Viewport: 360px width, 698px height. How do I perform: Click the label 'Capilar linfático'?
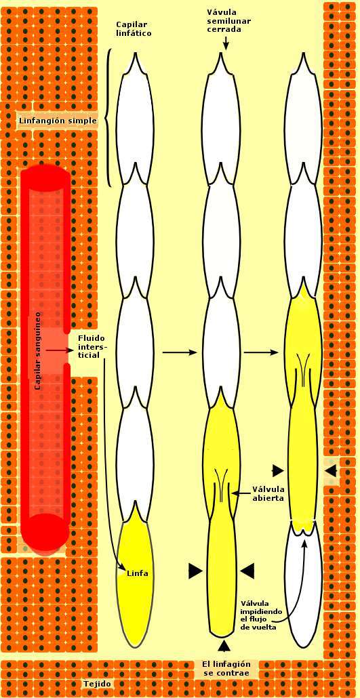click(134, 28)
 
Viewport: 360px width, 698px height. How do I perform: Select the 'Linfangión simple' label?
click(58, 120)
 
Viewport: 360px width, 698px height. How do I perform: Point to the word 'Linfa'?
click(137, 573)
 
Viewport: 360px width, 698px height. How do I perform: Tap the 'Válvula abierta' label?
click(268, 493)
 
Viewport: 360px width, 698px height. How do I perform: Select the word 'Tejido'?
click(98, 684)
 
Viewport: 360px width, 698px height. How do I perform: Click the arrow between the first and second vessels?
click(180, 352)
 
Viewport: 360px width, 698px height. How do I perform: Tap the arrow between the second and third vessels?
click(262, 352)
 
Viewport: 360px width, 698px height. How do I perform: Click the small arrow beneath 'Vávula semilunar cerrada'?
click(226, 42)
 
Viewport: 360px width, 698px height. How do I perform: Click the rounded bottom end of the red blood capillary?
click(45, 532)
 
